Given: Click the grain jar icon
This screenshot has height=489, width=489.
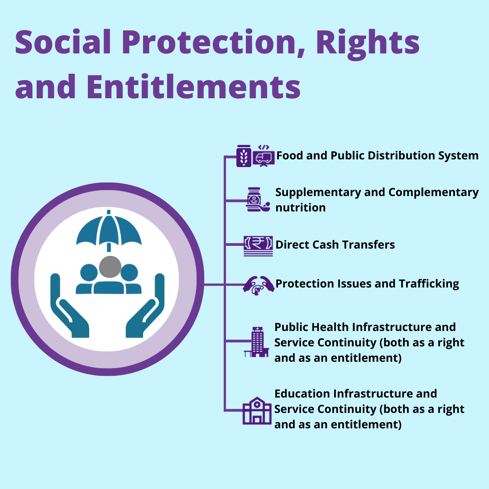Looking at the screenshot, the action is pos(244,156).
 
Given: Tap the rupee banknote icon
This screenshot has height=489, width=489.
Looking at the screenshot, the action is pos(258,246).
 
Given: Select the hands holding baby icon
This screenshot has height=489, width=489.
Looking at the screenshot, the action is pos(259,285).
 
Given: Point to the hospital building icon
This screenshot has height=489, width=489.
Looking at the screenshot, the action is pos(257,342).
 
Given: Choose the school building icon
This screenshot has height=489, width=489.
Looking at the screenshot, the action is pos(257,410).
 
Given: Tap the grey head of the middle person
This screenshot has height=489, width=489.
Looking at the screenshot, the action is pos(110,267).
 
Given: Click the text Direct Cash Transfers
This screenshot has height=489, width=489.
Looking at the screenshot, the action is pos(335,245).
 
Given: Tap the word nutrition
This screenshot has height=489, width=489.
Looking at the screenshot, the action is pos(300,207).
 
